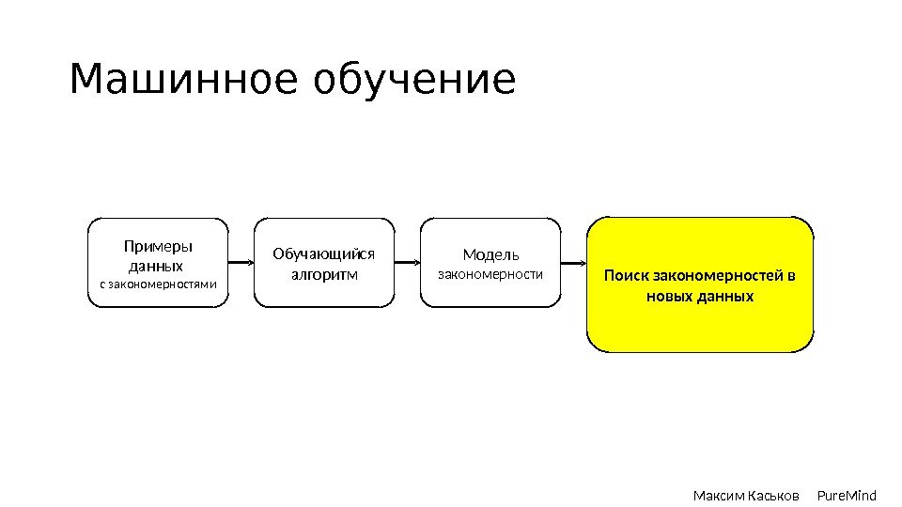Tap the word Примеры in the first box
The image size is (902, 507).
tap(158, 246)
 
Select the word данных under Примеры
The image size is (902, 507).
tap(155, 266)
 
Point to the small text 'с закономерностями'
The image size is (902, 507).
tap(158, 284)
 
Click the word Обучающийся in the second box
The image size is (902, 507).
tap(324, 253)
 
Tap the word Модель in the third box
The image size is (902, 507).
tap(490, 254)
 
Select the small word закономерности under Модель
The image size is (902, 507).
tap(490, 274)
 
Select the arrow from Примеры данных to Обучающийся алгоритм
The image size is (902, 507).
tap(241, 264)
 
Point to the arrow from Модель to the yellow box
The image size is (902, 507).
tap(574, 263)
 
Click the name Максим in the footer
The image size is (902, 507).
tap(717, 495)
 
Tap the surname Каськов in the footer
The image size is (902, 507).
tap(773, 495)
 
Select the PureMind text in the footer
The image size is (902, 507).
tap(847, 495)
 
